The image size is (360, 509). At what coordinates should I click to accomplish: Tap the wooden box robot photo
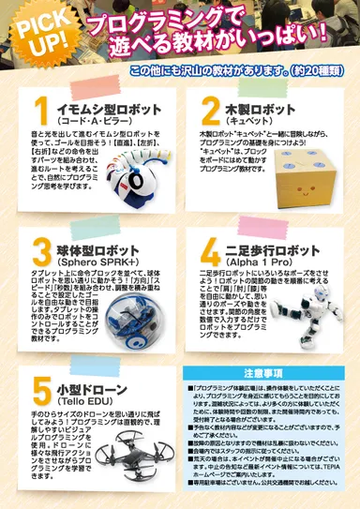click(303, 182)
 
